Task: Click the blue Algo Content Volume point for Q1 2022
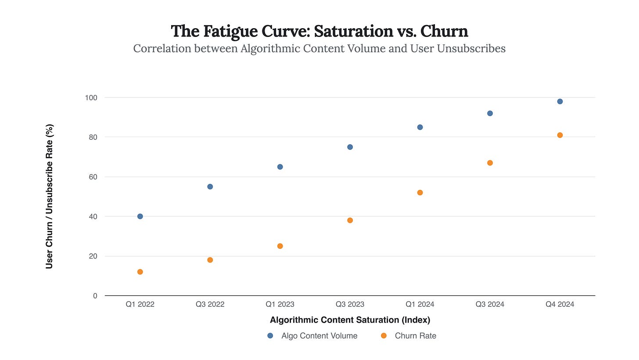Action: click(x=140, y=216)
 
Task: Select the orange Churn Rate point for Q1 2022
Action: click(x=140, y=272)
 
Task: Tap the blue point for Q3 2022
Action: click(x=210, y=186)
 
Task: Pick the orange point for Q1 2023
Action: click(x=280, y=246)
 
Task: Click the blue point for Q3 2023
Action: click(x=350, y=147)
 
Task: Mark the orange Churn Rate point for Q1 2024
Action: click(x=420, y=193)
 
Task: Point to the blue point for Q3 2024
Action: click(x=490, y=113)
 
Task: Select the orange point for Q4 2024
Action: click(x=560, y=135)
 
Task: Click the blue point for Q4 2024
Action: click(x=560, y=102)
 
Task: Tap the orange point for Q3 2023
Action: click(x=350, y=220)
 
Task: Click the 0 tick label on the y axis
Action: click(x=95, y=296)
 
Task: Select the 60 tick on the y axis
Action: click(x=93, y=177)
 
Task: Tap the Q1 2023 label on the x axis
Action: click(x=280, y=304)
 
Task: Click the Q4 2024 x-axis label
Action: click(x=560, y=304)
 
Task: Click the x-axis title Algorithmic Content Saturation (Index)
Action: click(x=350, y=320)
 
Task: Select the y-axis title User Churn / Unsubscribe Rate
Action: click(x=50, y=196)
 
